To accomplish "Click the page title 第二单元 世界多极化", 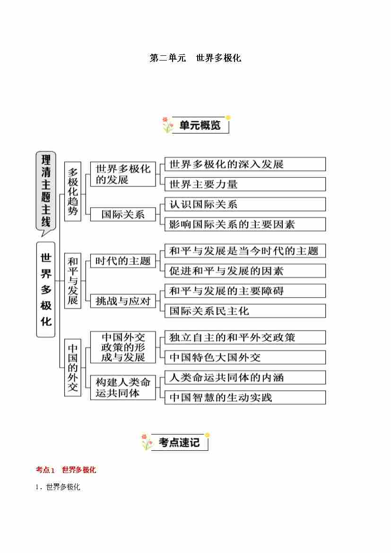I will click(x=195, y=58).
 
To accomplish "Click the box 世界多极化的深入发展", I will click(x=244, y=164).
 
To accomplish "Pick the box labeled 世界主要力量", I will click(x=244, y=184).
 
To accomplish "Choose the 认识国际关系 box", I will click(x=244, y=204).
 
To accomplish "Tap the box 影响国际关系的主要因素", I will click(x=244, y=224).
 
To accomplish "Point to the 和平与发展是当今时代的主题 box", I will click(x=244, y=251).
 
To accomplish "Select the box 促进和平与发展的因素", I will click(x=244, y=271).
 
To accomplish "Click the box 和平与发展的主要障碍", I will click(x=244, y=291).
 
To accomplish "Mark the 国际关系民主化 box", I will click(x=244, y=311).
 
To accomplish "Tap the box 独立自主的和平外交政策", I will click(x=244, y=337).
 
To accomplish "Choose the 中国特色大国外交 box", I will click(x=244, y=357).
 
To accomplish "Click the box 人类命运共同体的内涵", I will click(x=244, y=377).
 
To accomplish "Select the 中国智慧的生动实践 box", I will click(x=244, y=397).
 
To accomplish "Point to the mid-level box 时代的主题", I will click(x=123, y=261).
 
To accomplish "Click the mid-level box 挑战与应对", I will click(x=123, y=300).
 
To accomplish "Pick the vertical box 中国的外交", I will click(x=72, y=367).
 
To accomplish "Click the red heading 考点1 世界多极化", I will click(x=66, y=470).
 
